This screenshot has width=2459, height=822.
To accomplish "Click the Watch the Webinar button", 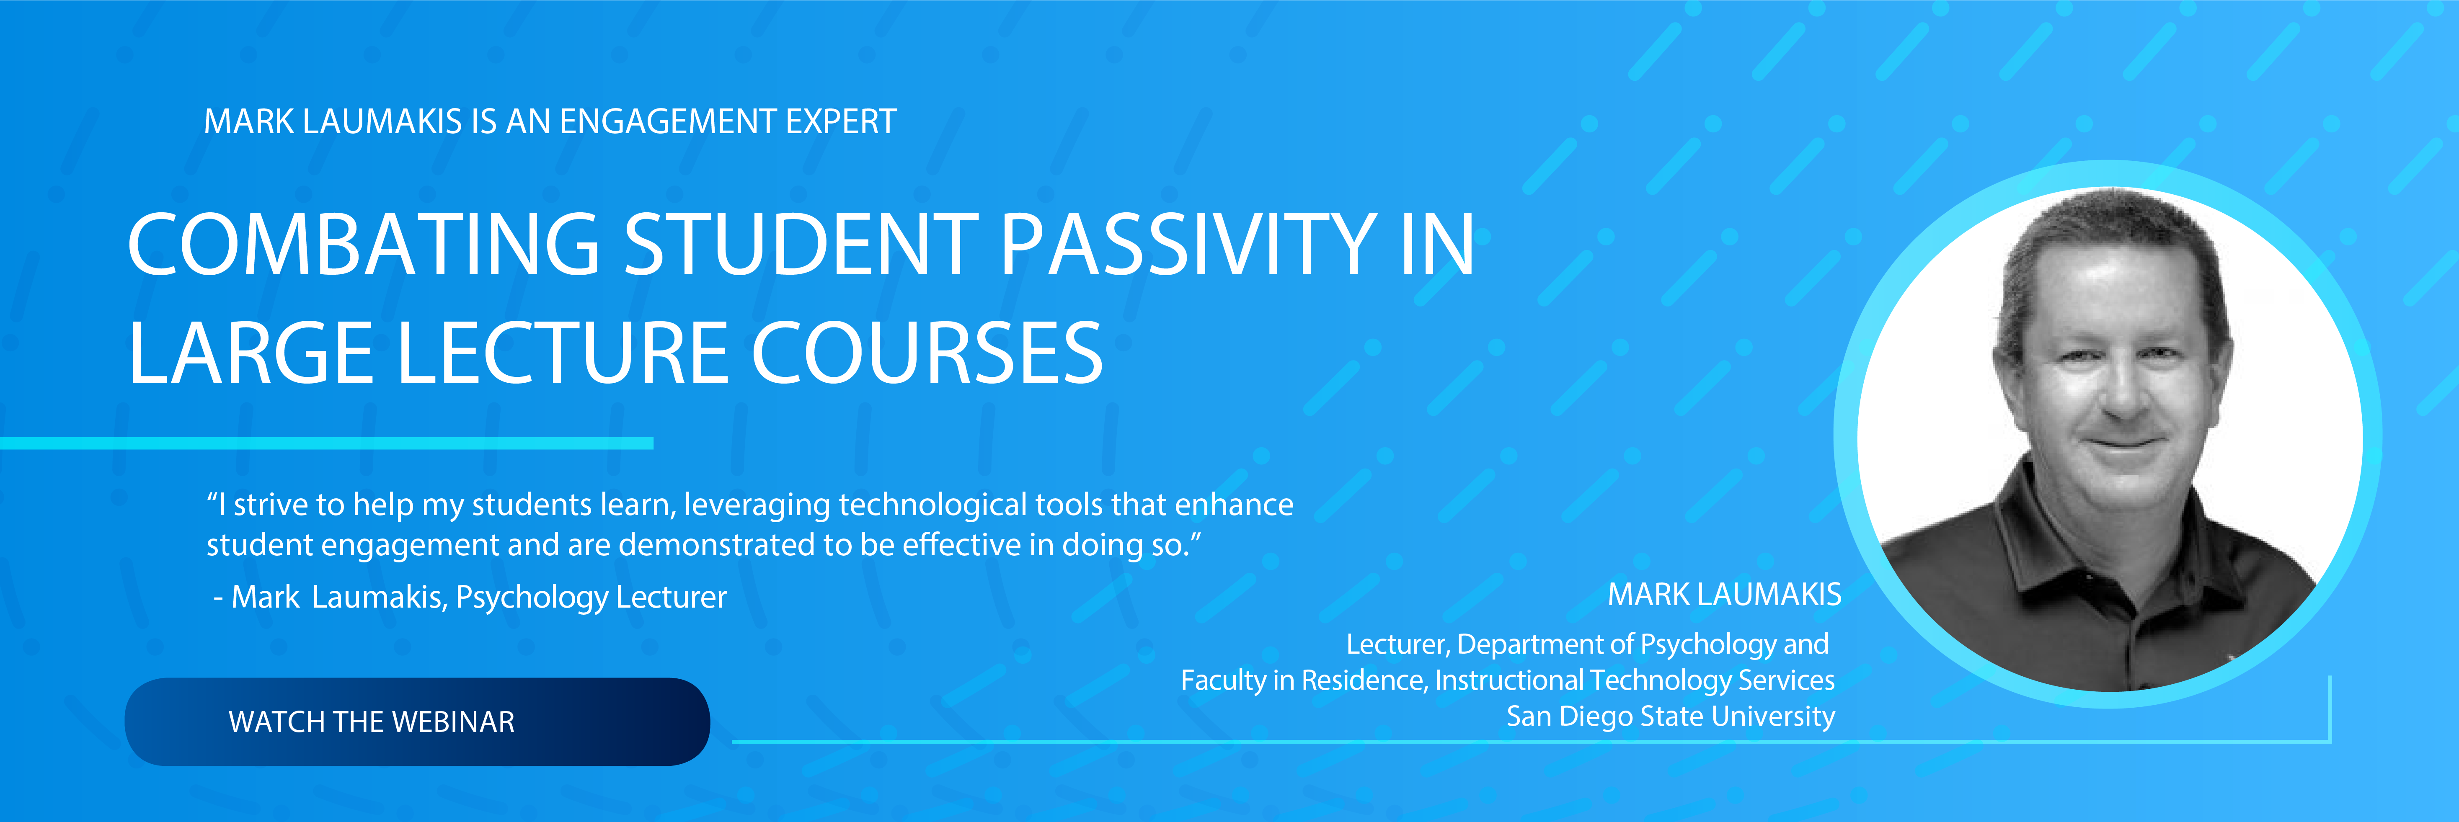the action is [x=417, y=722].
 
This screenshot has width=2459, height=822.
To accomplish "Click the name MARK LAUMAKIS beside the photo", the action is [x=1724, y=595].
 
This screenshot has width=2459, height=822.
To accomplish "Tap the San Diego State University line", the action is [x=1671, y=716].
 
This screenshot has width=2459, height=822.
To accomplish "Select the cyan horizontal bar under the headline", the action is [x=326, y=443].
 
